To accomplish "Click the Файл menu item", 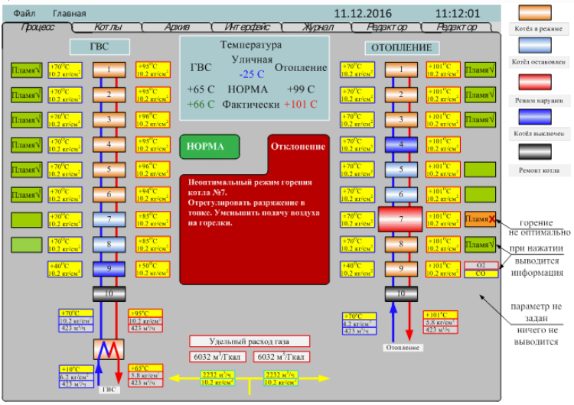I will pyautogui.click(x=24, y=14).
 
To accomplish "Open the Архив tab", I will pyautogui.click(x=177, y=28).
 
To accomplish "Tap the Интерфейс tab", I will pyautogui.click(x=246, y=28).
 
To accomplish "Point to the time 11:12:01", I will pyautogui.click(x=457, y=14).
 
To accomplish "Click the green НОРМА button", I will pyautogui.click(x=210, y=147).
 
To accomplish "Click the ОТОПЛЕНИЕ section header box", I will pyautogui.click(x=402, y=47).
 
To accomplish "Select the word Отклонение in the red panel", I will pyautogui.click(x=298, y=147).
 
